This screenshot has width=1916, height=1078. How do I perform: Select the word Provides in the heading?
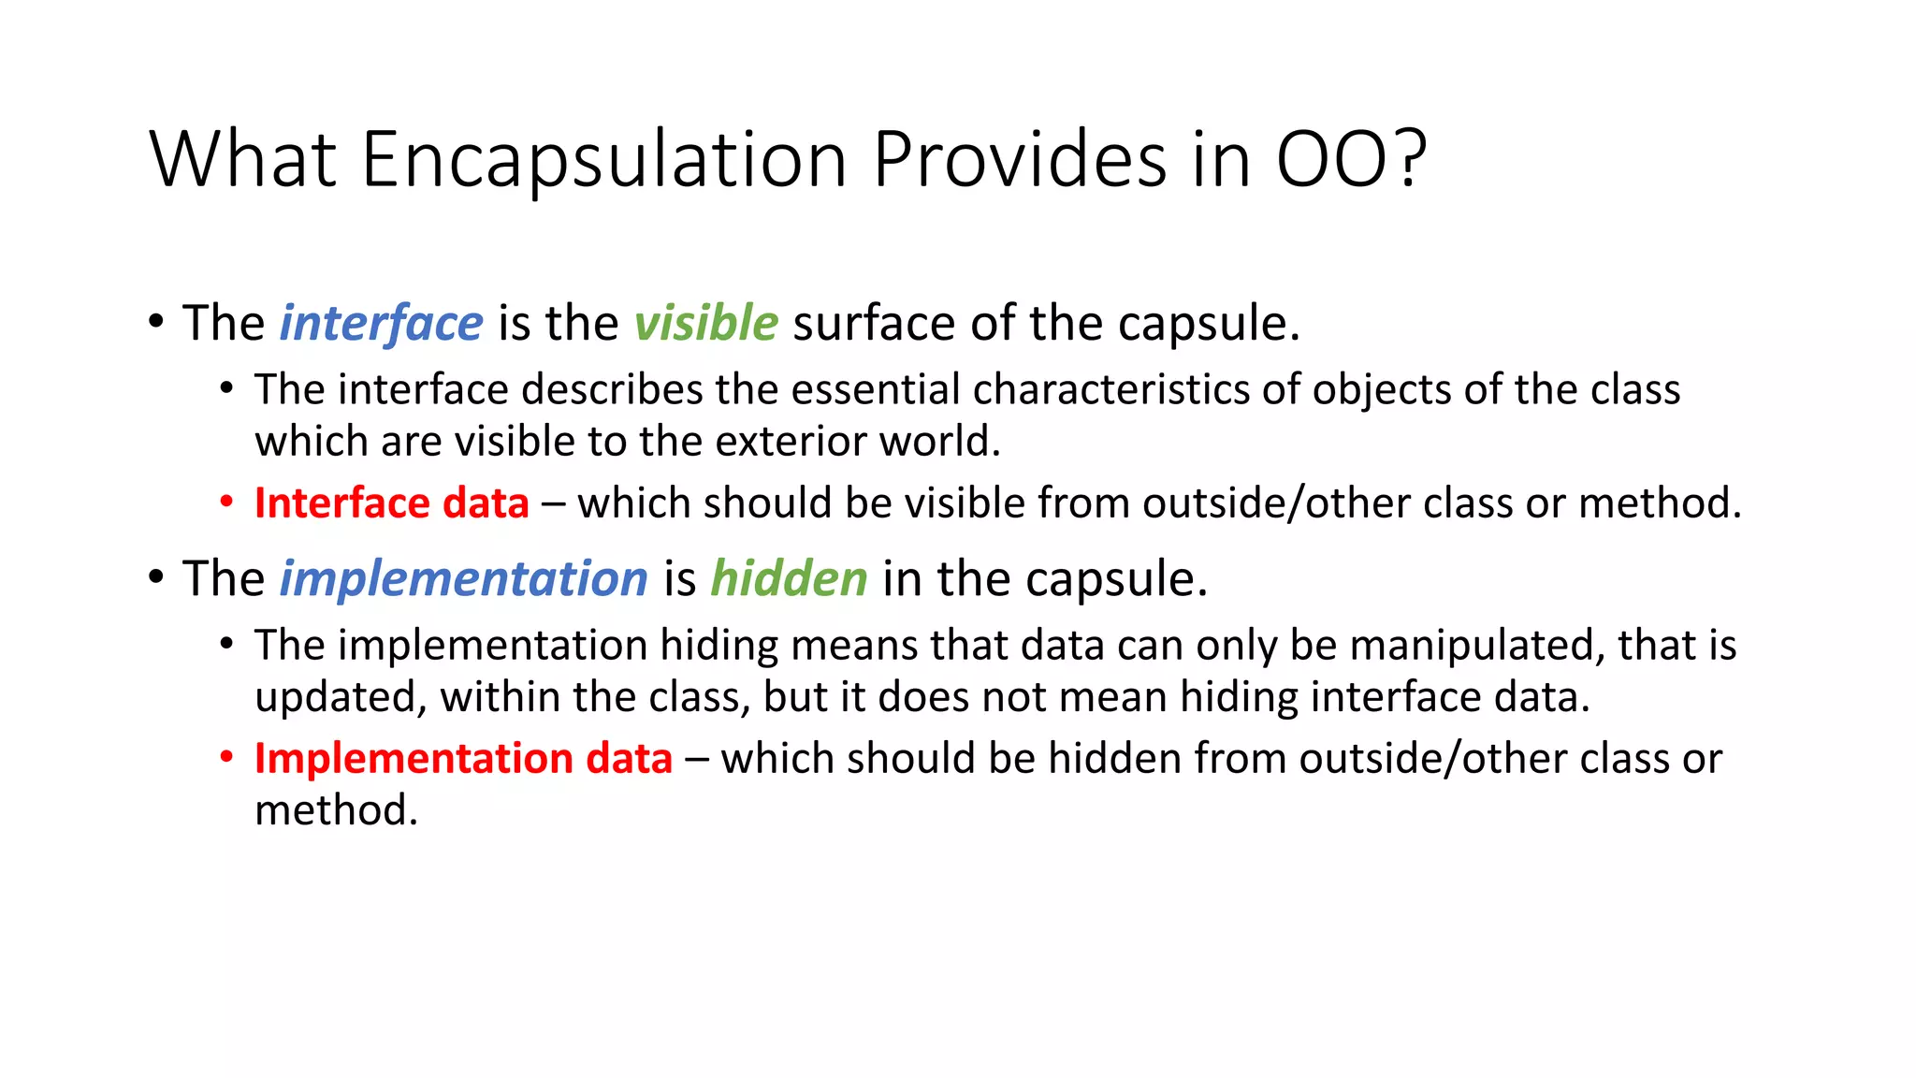click(x=1020, y=159)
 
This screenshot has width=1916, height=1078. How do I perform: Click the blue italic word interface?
click(x=381, y=324)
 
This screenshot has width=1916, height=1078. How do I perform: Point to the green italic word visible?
click(x=705, y=324)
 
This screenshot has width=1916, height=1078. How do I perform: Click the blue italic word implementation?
click(x=463, y=578)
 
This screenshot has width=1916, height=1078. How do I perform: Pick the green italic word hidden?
click(x=789, y=578)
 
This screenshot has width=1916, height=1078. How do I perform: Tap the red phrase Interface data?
click(x=391, y=503)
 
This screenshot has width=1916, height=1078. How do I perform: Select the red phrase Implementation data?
click(x=463, y=759)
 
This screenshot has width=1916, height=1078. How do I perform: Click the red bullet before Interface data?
click(x=226, y=503)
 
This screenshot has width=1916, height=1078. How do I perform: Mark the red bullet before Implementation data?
click(x=226, y=757)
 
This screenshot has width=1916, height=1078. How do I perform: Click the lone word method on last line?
click(x=335, y=810)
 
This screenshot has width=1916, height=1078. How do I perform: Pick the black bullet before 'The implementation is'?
click(x=156, y=576)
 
